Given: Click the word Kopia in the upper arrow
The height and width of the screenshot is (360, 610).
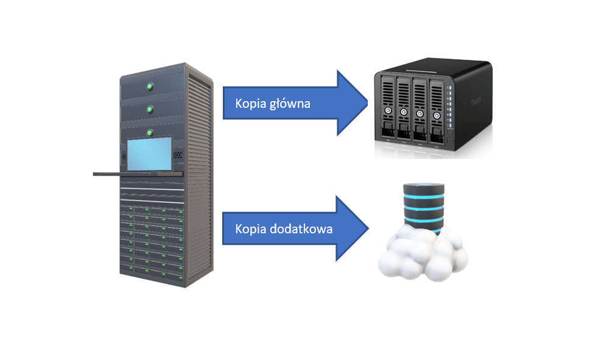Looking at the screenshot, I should point(250,104).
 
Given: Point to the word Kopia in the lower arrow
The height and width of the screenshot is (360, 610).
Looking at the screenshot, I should point(250,230).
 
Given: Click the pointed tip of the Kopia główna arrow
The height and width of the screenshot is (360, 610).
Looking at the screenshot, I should point(368,102).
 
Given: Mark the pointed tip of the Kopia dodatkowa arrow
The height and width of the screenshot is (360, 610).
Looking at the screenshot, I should point(368,228).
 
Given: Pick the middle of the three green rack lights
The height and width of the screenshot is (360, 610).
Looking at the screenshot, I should point(149,109).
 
